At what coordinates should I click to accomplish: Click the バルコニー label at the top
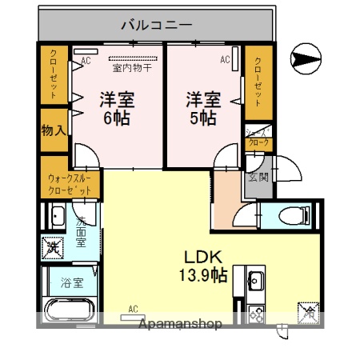156,25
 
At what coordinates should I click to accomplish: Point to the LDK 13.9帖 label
202,266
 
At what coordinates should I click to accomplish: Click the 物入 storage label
54,130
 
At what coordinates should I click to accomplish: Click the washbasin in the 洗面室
58,216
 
